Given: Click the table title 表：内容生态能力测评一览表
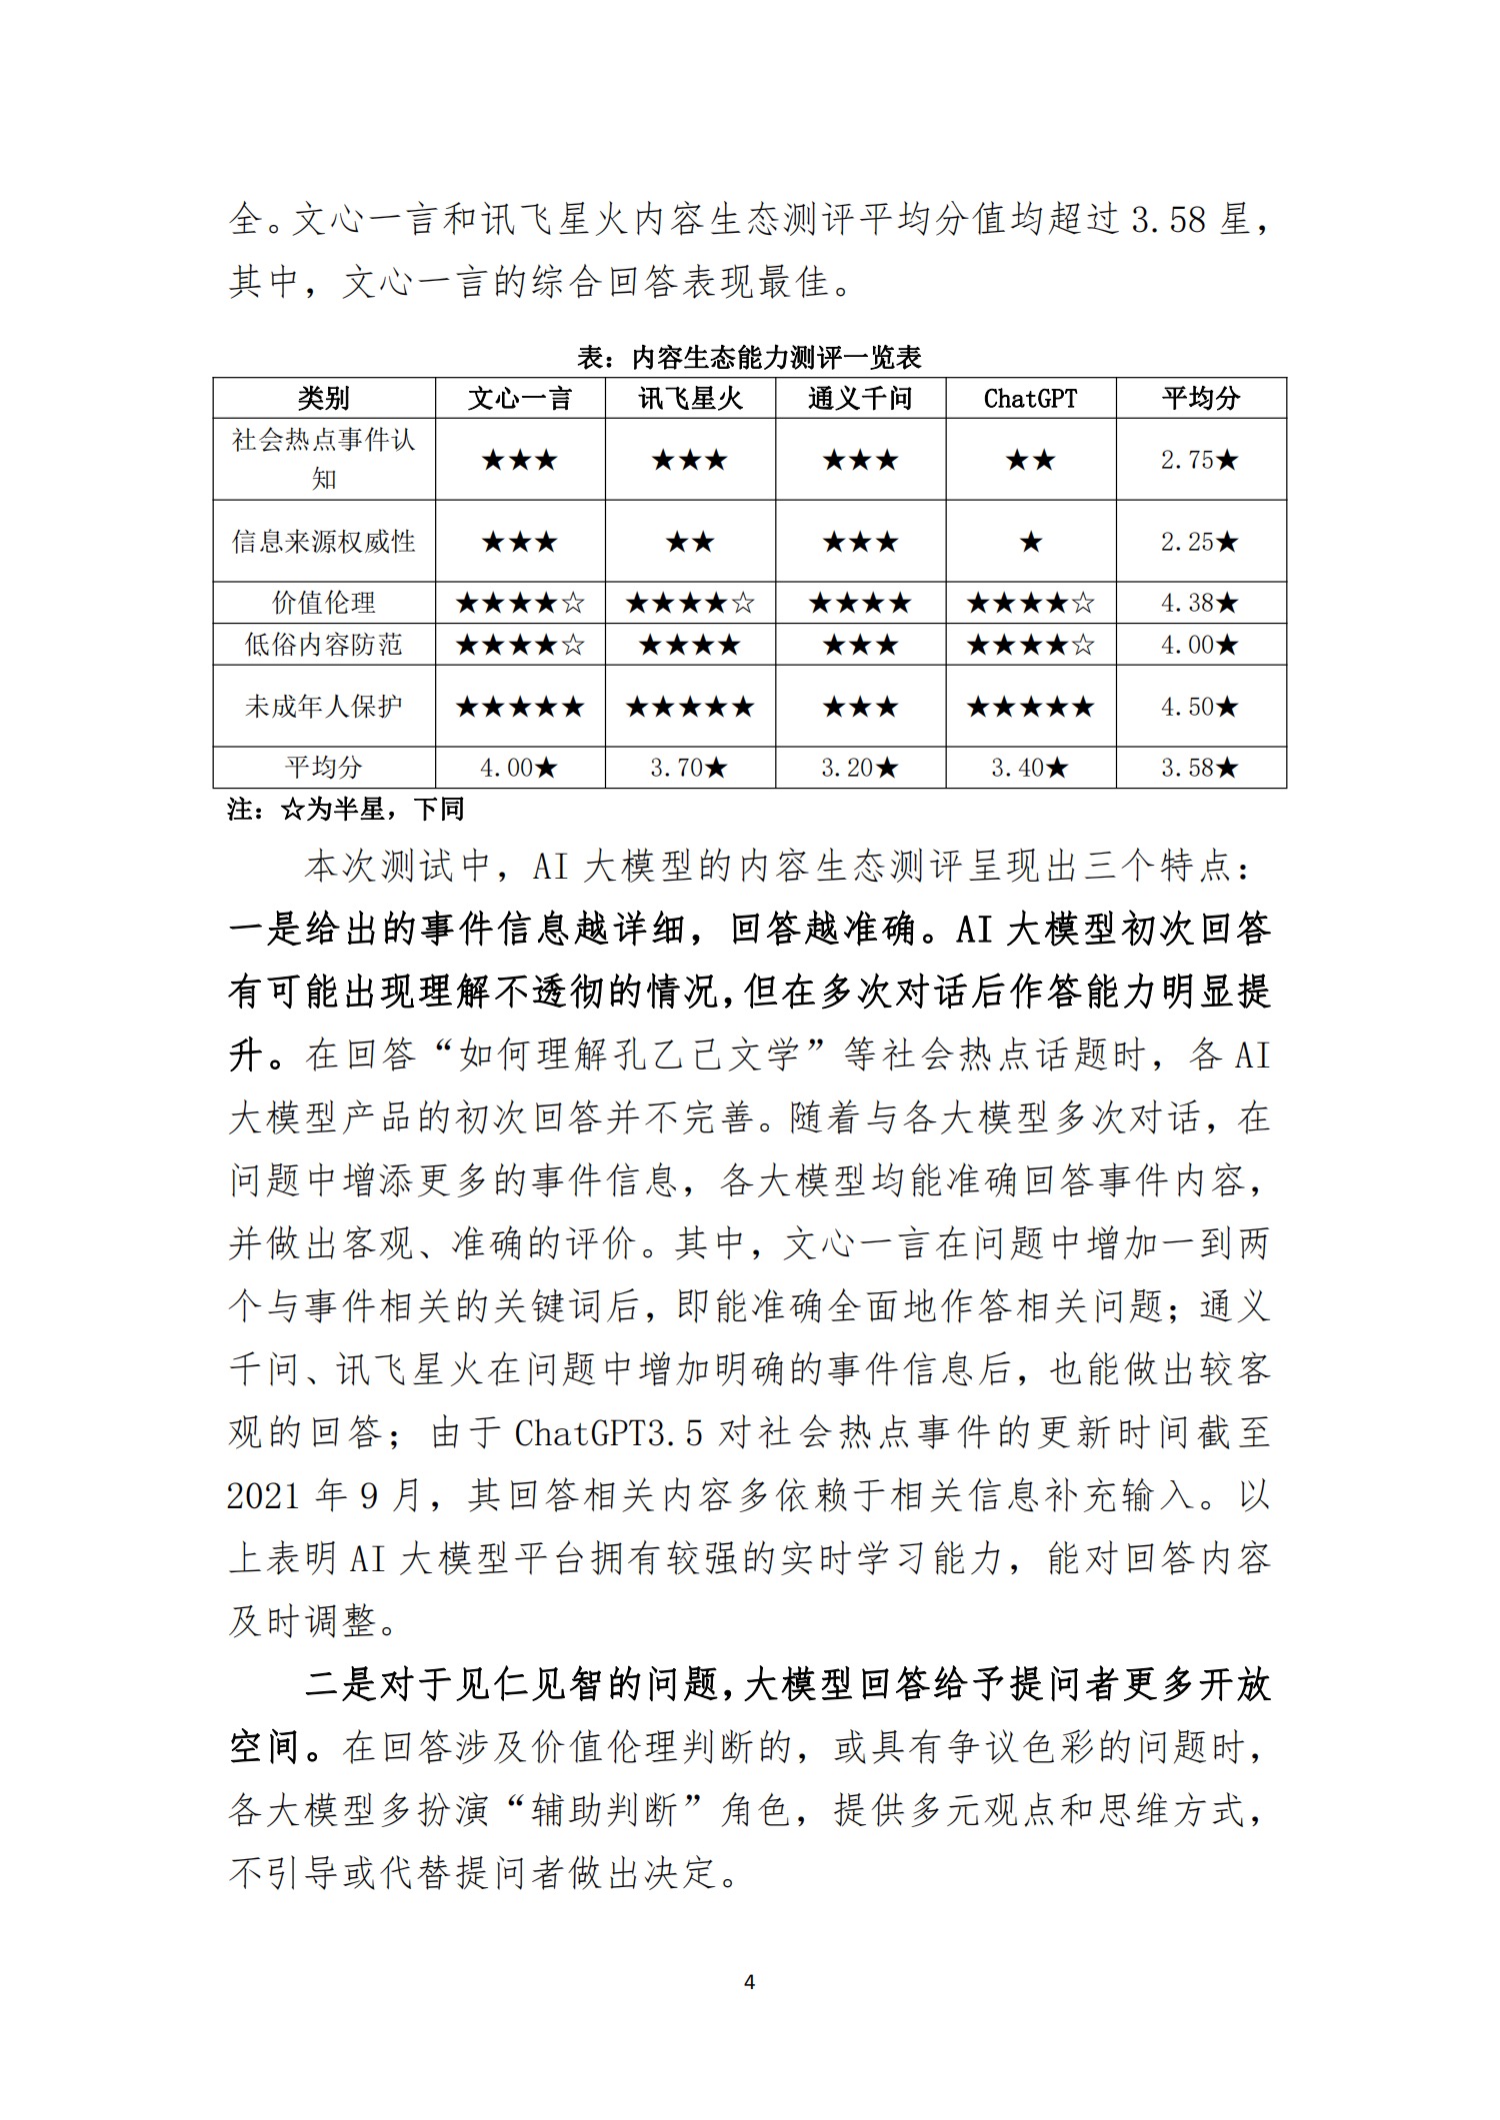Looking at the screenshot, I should pos(749,357).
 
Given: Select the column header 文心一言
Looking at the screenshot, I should pos(520,399).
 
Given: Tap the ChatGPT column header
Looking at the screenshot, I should pos(1030,399).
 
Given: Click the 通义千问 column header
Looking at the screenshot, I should pos(860,399).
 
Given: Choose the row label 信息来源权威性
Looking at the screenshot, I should pos(323,542).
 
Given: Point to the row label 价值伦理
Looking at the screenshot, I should pos(323,603).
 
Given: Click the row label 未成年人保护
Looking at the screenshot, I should pos(323,707).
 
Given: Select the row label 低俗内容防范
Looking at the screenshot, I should pos(323,645).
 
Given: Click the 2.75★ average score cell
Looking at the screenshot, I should pos(1200,460).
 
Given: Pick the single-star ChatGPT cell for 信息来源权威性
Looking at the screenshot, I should pos(1030,542).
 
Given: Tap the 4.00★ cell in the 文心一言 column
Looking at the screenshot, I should pos(520,768).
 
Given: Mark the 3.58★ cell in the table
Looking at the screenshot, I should pos(1200,768).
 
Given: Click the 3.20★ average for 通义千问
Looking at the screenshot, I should pos(860,768).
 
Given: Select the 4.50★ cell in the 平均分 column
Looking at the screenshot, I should pos(1200,707).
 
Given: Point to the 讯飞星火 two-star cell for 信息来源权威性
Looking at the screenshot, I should pos(690,542).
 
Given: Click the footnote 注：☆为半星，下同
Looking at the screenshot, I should pos(346,809).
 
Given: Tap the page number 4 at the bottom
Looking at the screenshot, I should pos(750,1982).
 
